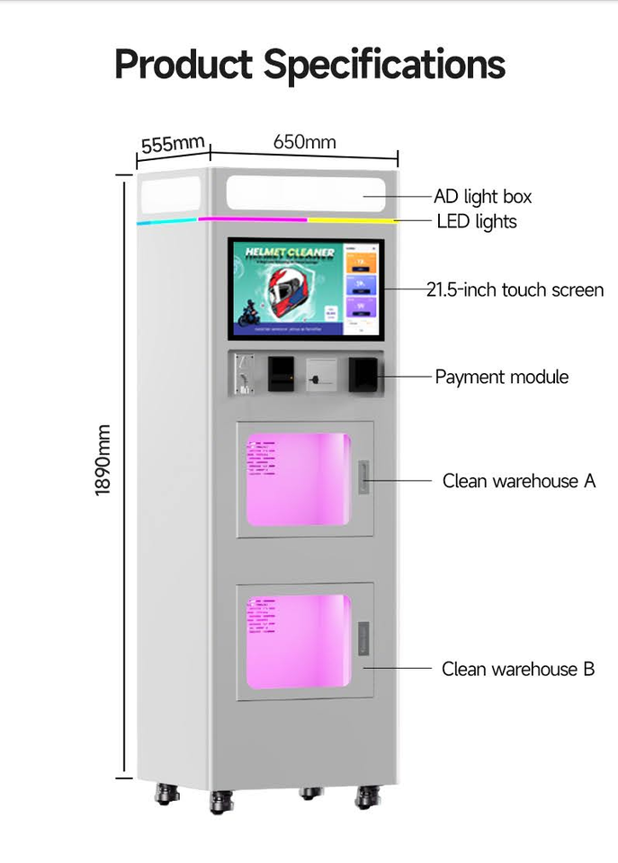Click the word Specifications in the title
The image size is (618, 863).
[x=384, y=65]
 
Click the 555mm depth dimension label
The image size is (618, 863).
[x=173, y=144]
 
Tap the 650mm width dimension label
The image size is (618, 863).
[x=304, y=142]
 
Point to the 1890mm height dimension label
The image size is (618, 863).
[x=103, y=458]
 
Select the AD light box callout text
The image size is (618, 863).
[x=482, y=196]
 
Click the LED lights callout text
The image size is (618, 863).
[x=477, y=221]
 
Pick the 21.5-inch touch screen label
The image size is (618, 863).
[x=515, y=290]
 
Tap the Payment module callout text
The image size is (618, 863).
[x=502, y=377]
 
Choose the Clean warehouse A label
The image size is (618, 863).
[x=518, y=481]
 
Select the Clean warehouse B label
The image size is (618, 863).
[x=517, y=669]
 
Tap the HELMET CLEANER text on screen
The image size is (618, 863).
[x=290, y=254]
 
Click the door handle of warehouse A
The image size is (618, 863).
[x=363, y=477]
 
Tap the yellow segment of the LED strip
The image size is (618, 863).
[x=351, y=218]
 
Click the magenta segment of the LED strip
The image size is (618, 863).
[x=253, y=218]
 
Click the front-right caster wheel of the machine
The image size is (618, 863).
[x=367, y=796]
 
